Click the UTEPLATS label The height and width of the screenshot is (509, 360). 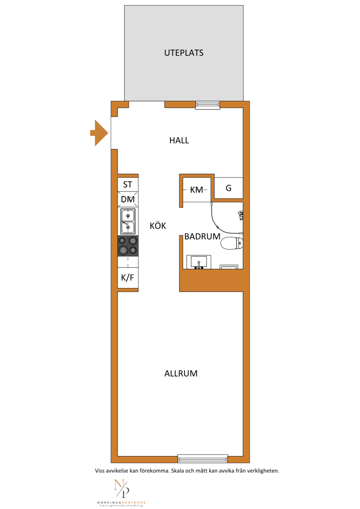(x=184, y=53)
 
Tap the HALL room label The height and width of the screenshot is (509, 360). (x=179, y=140)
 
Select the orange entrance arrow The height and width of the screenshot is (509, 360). (x=99, y=133)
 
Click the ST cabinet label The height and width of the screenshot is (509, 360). (x=127, y=185)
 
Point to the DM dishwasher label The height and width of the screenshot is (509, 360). (x=128, y=199)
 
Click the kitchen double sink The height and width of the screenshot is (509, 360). (x=128, y=221)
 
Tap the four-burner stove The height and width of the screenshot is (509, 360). (x=128, y=246)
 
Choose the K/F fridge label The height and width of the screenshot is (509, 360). (x=127, y=278)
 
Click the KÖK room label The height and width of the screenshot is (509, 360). (x=158, y=225)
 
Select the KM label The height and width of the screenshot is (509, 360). (x=196, y=189)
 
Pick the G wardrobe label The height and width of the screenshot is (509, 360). (x=229, y=188)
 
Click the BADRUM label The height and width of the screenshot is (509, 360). (x=202, y=236)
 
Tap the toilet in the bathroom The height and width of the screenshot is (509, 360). (x=232, y=243)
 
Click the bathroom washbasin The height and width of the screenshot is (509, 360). (x=198, y=262)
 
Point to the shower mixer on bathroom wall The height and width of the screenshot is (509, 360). (x=241, y=215)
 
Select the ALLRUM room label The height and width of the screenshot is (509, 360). (x=181, y=373)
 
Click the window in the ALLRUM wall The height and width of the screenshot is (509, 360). (x=202, y=459)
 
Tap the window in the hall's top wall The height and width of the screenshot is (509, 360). (x=207, y=105)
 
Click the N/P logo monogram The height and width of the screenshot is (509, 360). (x=122, y=488)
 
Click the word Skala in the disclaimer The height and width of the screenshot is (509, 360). (x=178, y=471)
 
